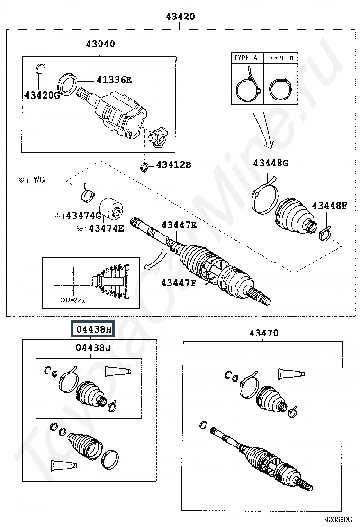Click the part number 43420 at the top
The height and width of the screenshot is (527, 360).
[x=180, y=16]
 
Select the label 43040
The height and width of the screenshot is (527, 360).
[x=100, y=44]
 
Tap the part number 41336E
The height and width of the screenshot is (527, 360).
[x=114, y=80]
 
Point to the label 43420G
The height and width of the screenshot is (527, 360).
[x=42, y=95]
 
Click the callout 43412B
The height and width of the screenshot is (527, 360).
[x=174, y=165]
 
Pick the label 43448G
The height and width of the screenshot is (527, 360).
[x=270, y=163]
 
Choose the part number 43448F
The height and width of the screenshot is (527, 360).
[x=329, y=206]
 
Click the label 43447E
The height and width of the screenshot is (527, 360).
[x=179, y=225]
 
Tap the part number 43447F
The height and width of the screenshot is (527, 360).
[x=178, y=283]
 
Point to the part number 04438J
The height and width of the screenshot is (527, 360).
[x=93, y=347]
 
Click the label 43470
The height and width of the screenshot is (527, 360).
[x=264, y=333]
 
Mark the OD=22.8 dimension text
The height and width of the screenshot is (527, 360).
[x=73, y=300]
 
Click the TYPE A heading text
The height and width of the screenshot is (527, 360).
[x=246, y=58]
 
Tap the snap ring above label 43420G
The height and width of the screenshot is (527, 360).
[x=41, y=68]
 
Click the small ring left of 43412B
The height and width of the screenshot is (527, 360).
[x=144, y=166]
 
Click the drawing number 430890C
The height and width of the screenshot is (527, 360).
[x=339, y=518]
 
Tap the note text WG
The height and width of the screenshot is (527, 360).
[x=39, y=180]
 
